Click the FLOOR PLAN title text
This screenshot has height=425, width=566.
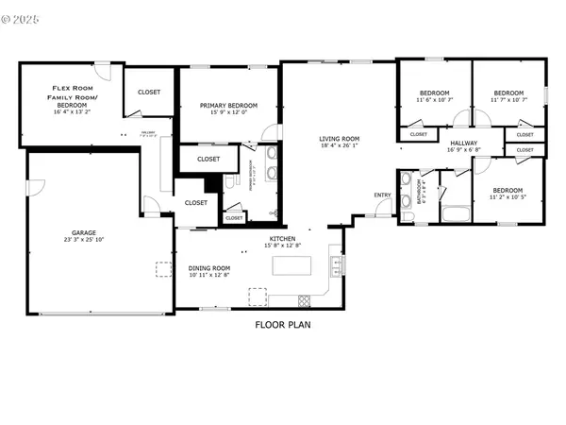tap(283, 325)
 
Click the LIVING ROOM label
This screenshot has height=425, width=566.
tap(340, 138)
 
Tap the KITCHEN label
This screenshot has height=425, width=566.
tap(283, 239)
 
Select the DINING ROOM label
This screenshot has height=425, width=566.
tap(208, 267)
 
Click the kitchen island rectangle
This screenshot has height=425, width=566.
tap(293, 266)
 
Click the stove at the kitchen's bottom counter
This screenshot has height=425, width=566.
tap(305, 300)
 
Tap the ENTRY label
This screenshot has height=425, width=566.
tap(382, 195)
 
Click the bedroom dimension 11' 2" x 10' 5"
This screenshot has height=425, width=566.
tap(509, 197)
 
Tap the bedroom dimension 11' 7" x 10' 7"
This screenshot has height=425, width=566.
tap(509, 99)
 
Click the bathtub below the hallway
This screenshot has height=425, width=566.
tap(458, 214)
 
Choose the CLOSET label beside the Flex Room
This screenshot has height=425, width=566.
tap(149, 92)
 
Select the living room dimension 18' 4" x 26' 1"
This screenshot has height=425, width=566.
tap(340, 145)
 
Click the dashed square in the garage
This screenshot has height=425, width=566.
tap(163, 271)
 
